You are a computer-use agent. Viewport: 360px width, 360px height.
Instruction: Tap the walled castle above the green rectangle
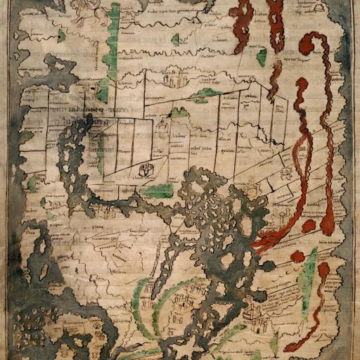pos(147,171)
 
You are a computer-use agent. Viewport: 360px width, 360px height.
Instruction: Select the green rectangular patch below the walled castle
pos(157,191)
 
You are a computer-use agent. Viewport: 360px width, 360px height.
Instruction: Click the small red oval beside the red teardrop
pos(309,226)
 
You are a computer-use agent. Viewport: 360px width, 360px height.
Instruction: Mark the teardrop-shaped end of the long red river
pos(328,224)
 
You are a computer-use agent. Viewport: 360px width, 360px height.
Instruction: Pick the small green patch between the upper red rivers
pos(262,58)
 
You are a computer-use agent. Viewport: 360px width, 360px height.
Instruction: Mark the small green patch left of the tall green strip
pos(62,35)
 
